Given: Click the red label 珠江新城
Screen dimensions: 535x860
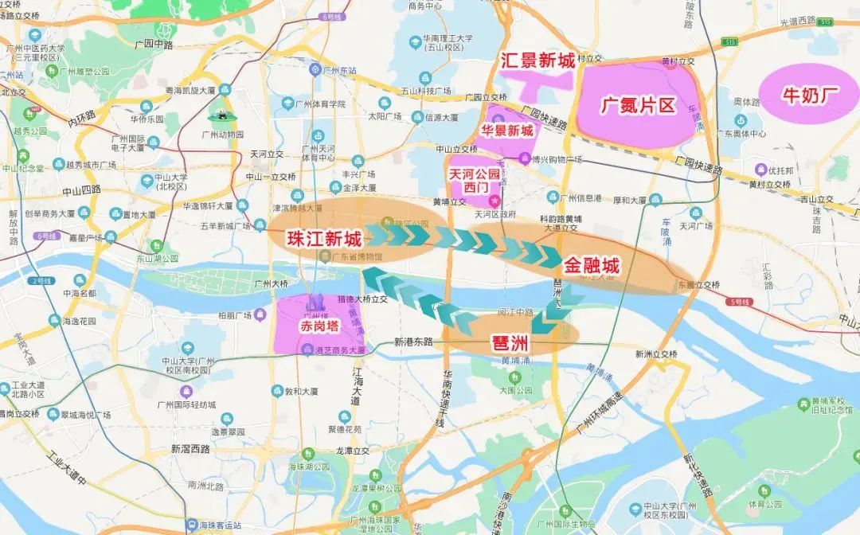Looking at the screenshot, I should [323, 239].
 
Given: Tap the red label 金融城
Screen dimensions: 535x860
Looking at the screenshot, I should [591, 265].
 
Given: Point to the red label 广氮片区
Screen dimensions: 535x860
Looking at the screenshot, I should [637, 105].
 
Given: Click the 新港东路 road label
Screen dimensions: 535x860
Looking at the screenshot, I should [413, 342].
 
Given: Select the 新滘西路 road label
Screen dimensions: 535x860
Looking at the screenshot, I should [190, 449].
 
